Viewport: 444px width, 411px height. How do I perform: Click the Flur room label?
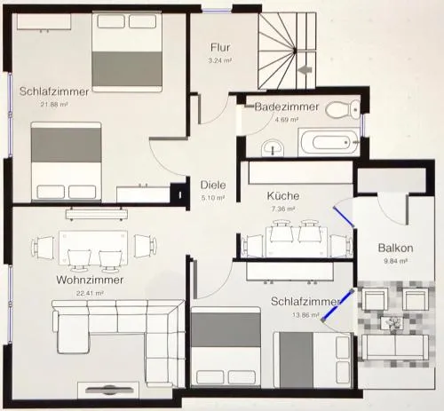[x=220, y=47]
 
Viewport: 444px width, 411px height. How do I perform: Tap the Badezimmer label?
[x=287, y=107]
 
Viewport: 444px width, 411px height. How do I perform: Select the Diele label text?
[x=213, y=185]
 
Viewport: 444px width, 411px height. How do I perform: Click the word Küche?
[x=283, y=195]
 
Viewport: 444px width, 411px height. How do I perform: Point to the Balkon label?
[x=395, y=248]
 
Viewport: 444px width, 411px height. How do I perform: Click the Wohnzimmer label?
[x=90, y=280]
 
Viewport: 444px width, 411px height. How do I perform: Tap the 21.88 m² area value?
[x=54, y=104]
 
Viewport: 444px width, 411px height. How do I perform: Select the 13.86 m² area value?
[x=305, y=315]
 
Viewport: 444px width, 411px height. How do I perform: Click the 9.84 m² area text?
[x=395, y=261]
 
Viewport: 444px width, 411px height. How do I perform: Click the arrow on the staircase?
[x=305, y=70]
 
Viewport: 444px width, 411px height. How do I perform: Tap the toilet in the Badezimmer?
[x=343, y=109]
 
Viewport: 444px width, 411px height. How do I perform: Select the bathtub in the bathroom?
[x=329, y=142]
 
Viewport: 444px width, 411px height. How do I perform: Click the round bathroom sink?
[x=273, y=147]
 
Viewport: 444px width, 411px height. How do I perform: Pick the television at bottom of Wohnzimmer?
[x=109, y=391]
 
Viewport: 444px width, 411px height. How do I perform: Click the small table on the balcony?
[x=392, y=323]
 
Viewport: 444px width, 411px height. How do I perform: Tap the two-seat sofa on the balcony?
[x=395, y=347]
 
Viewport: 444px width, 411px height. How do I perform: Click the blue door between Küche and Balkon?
[x=344, y=217]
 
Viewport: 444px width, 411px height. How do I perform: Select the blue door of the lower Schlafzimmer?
[x=337, y=305]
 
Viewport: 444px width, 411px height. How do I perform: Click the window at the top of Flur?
[x=217, y=11]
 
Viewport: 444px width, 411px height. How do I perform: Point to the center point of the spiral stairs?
[x=295, y=51]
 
